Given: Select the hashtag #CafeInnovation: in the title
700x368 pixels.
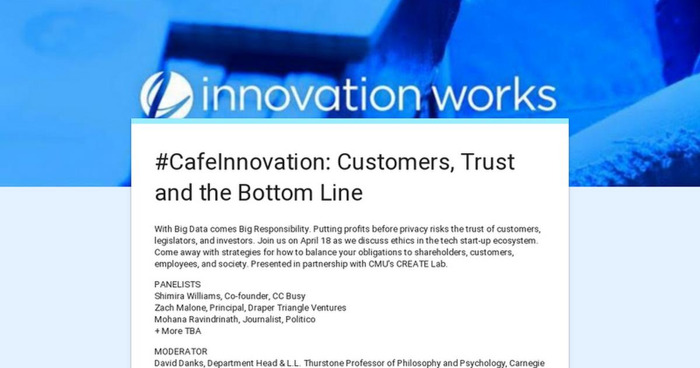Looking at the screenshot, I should click(x=234, y=162).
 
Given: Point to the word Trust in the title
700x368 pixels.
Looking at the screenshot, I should click(x=488, y=162).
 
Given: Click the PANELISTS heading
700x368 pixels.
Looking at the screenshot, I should click(x=177, y=284).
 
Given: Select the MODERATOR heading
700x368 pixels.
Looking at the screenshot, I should click(x=181, y=352).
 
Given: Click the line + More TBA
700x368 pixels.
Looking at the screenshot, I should click(x=177, y=331).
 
